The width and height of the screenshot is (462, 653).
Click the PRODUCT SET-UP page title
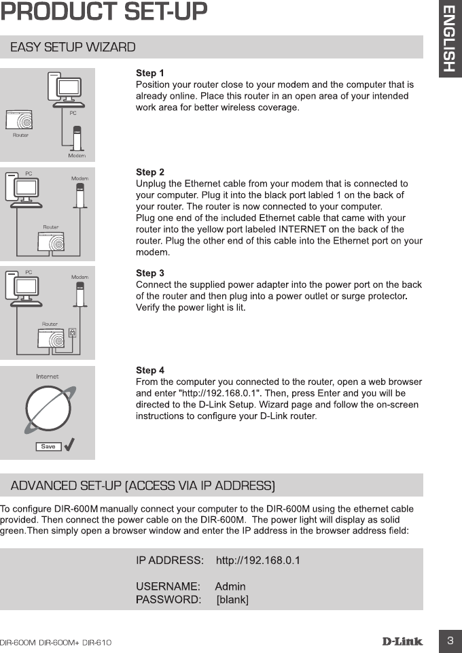pyautogui.click(x=104, y=12)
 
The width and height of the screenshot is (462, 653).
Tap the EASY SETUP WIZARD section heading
pyautogui.click(x=73, y=47)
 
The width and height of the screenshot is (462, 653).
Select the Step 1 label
pyautogui.click(x=150, y=73)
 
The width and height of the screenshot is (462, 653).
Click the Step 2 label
pyautogui.click(x=150, y=172)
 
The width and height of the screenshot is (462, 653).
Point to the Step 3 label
pyautogui.click(x=150, y=273)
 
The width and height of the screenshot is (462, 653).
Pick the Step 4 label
pyautogui.click(x=150, y=370)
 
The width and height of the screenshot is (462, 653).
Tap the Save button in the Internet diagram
pyautogui.click(x=48, y=446)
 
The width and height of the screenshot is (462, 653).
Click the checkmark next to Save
pyautogui.click(x=69, y=445)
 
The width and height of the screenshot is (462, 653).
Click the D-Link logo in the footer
pyautogui.click(x=402, y=641)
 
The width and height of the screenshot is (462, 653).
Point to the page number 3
pyautogui.click(x=450, y=641)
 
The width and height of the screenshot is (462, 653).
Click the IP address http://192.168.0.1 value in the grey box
pyautogui.click(x=257, y=560)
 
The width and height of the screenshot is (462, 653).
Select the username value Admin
pyautogui.click(x=230, y=586)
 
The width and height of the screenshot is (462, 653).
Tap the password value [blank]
pyautogui.click(x=232, y=599)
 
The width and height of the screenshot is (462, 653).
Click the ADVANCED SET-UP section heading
pyautogui.click(x=143, y=486)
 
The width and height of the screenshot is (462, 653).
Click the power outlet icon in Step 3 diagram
pyautogui.click(x=72, y=333)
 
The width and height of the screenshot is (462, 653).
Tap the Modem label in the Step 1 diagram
pyautogui.click(x=77, y=156)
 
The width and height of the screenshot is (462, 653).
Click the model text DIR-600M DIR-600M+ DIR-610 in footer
pyautogui.click(x=56, y=642)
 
